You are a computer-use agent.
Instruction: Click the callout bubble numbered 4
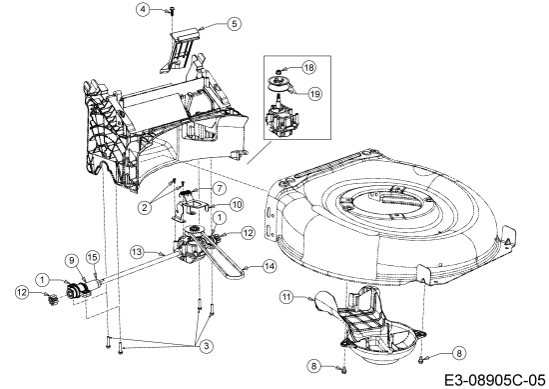[143, 9]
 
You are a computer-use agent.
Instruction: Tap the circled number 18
[308, 66]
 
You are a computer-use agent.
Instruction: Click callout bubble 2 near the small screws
[146, 207]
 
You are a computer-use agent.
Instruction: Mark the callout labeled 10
[237, 204]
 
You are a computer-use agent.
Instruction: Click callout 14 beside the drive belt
[270, 266]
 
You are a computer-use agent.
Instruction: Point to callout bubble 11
[285, 296]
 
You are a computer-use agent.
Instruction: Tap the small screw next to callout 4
[171, 10]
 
